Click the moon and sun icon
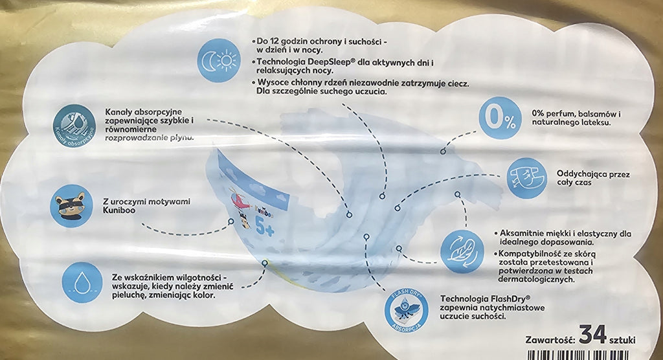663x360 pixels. [219, 60]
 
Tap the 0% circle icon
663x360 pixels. [500, 118]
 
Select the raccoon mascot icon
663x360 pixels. [71, 206]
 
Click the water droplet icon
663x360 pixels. [82, 282]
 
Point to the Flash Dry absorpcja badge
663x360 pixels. [406, 311]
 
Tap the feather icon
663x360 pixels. [462, 252]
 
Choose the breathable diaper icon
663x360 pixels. [527, 178]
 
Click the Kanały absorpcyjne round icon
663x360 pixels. [74, 126]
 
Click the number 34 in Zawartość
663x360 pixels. [592, 335]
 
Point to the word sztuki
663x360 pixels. [622, 341]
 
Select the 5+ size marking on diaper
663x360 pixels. [265, 228]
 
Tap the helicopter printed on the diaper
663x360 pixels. [240, 199]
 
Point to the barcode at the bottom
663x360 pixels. [581, 355]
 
